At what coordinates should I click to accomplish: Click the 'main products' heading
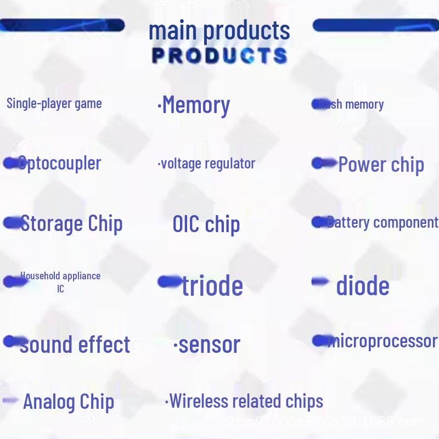[219, 31]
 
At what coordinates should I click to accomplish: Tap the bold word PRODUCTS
[219, 55]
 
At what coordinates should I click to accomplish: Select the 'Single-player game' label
[54, 103]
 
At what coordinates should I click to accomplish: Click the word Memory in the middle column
[196, 105]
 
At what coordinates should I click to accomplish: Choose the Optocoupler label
[59, 163]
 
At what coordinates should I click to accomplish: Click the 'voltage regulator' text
[207, 163]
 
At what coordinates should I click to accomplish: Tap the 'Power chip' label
[381, 165]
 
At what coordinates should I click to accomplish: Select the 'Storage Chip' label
[71, 223]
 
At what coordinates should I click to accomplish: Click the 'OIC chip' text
[206, 224]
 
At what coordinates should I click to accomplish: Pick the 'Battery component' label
[382, 222]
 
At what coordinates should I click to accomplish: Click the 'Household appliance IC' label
[60, 282]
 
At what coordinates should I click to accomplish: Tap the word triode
[212, 285]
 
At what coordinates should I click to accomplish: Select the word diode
[363, 285]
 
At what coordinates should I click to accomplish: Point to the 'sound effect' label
[75, 345]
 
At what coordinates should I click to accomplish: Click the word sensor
[210, 345]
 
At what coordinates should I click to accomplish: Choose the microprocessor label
[382, 341]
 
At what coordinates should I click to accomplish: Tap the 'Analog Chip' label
[69, 402]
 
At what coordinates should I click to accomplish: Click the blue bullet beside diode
[320, 282]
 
